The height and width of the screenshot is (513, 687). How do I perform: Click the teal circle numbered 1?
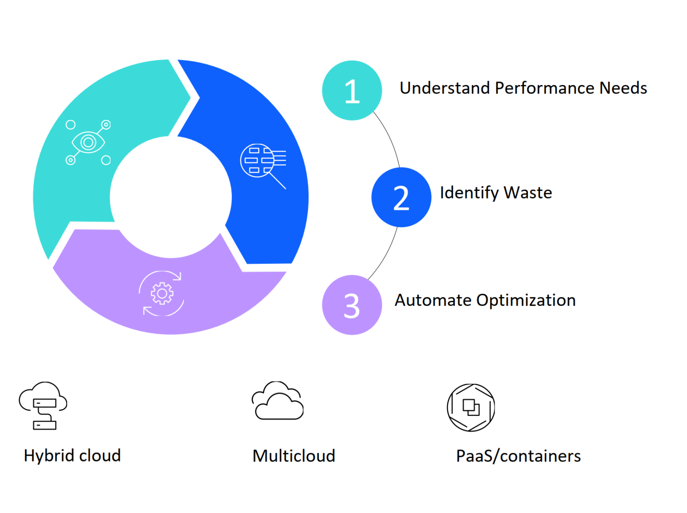coord(352,90)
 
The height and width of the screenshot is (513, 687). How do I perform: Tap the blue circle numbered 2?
coord(401,197)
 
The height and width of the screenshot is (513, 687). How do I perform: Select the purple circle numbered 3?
coord(352,305)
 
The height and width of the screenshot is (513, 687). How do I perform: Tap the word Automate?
coord(433,300)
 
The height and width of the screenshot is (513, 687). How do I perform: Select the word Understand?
coord(445,88)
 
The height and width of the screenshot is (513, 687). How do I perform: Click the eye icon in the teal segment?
coord(88,142)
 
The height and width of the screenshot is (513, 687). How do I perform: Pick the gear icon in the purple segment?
coord(162,293)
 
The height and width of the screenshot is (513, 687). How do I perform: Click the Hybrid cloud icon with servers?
coord(43,406)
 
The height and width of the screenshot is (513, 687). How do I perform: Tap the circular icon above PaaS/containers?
coord(471,407)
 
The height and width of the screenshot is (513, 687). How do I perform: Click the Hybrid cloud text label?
coord(72,456)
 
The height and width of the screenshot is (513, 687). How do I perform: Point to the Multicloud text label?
coord(294,456)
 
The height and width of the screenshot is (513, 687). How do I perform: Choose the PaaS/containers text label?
coord(518,456)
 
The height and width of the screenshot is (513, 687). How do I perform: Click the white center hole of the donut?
coord(171,197)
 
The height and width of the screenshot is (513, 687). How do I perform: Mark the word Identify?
coord(469,193)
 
